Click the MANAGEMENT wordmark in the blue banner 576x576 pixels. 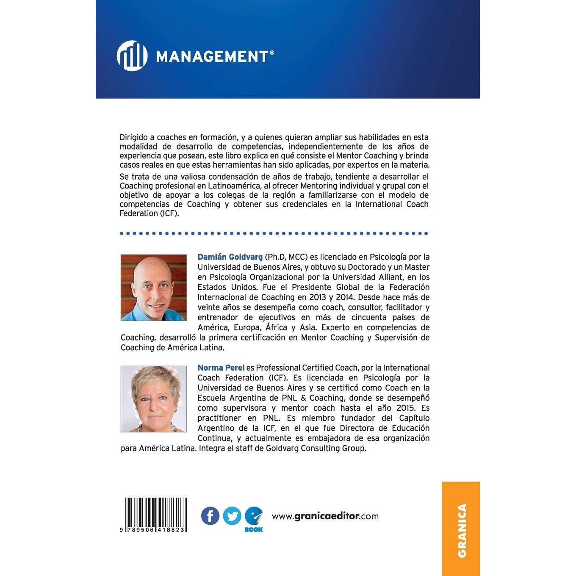[212, 56]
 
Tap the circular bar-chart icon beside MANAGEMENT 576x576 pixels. [132, 56]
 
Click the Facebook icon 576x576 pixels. [210, 516]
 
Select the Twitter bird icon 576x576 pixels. [232, 516]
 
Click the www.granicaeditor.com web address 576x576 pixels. [325, 516]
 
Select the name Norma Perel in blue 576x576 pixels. [221, 368]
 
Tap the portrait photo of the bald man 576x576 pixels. [153, 288]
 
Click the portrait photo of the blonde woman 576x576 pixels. [153, 399]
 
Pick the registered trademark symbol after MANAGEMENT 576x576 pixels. [272, 53]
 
